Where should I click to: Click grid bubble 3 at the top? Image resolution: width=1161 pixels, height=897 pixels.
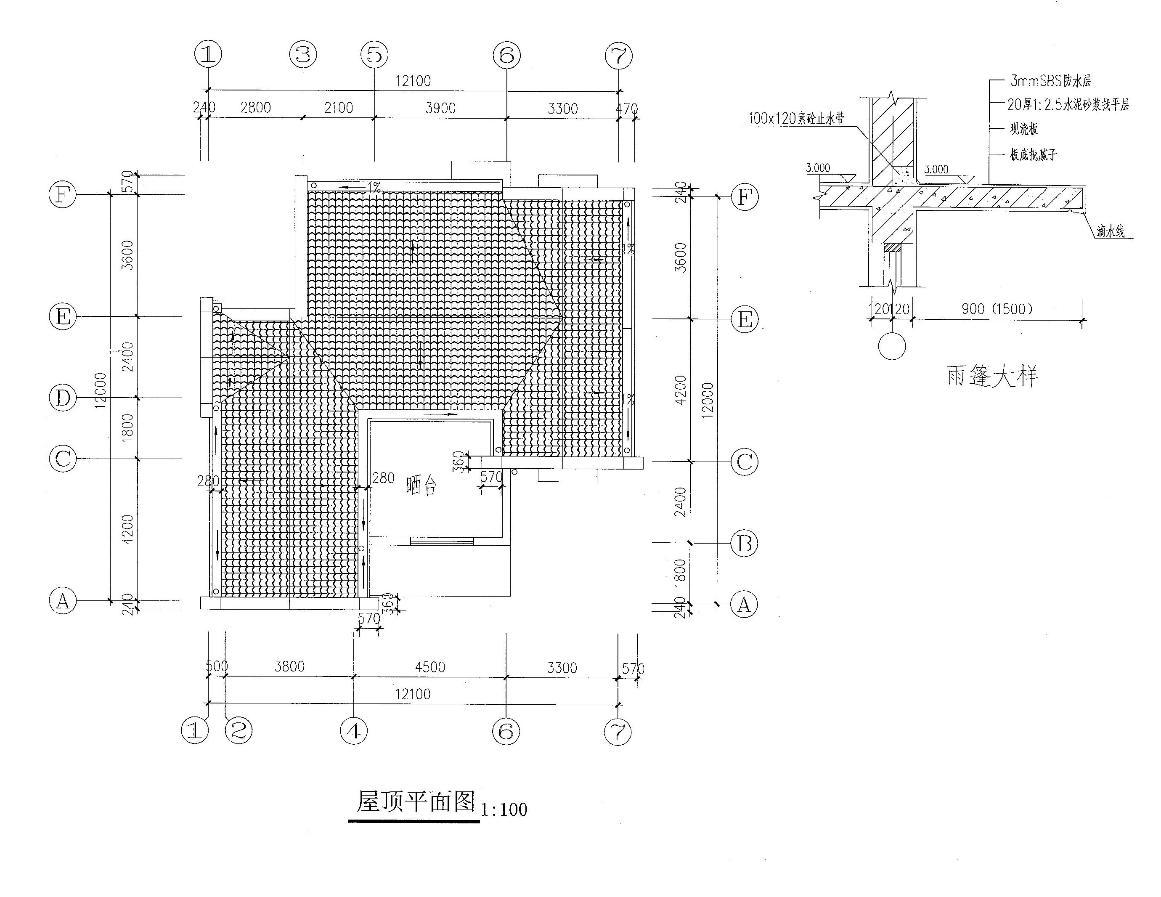click(x=303, y=54)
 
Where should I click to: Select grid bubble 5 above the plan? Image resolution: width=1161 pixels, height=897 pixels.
click(x=375, y=54)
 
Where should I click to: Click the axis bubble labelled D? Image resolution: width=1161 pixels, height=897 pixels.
click(x=63, y=398)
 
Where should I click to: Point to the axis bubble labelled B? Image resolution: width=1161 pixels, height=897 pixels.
click(x=744, y=544)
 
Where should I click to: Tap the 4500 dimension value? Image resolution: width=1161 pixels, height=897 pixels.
click(x=429, y=667)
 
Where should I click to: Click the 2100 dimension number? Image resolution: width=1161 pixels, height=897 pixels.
click(x=339, y=108)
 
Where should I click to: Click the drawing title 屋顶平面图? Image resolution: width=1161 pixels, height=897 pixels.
click(x=415, y=801)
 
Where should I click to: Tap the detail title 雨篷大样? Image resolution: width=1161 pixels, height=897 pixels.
click(x=992, y=376)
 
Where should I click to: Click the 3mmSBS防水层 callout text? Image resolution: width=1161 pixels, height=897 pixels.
click(x=1050, y=81)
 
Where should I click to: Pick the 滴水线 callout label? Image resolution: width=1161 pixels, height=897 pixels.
click(x=1111, y=231)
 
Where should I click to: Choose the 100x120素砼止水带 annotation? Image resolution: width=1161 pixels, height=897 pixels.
click(x=796, y=118)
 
